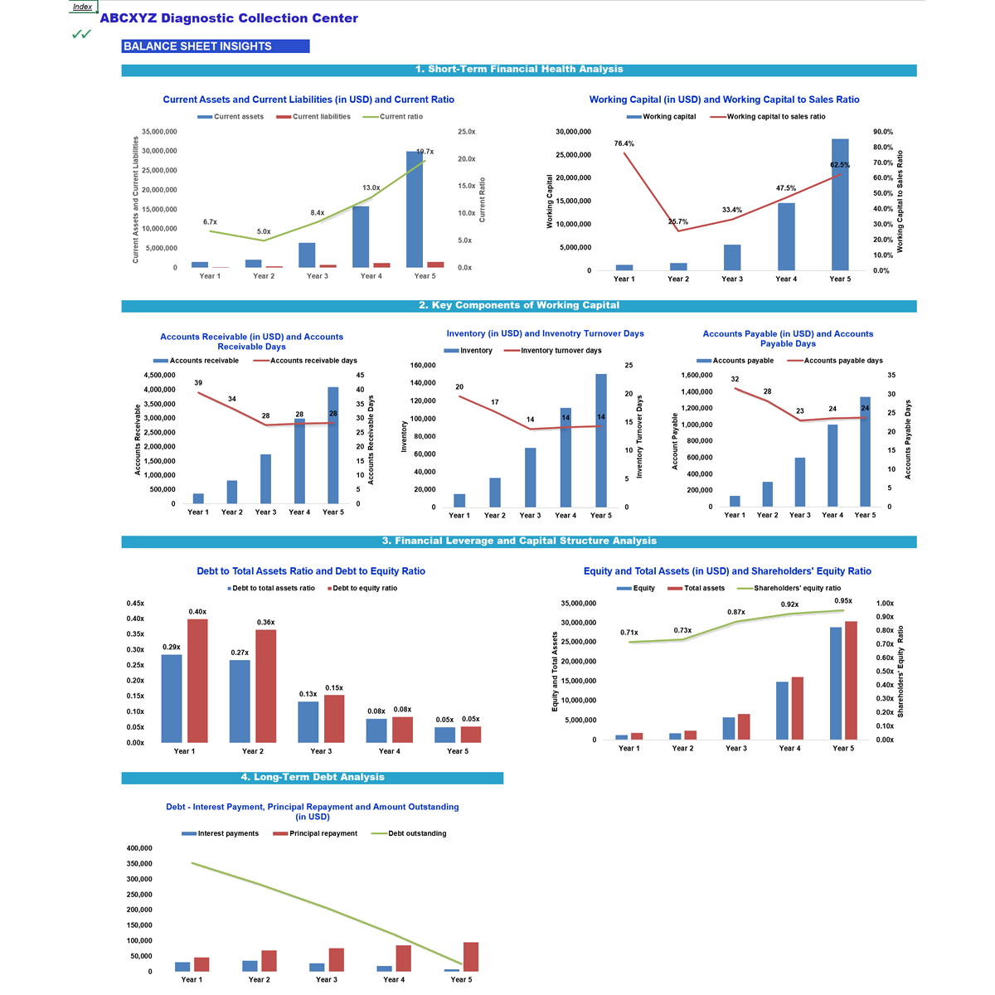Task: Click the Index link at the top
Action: coord(82,7)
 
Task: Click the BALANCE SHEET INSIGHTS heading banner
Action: coord(215,46)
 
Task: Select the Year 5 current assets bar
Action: coord(415,209)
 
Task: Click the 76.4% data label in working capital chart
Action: coord(624,143)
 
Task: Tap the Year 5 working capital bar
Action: coord(840,205)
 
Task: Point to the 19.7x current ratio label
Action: coord(425,152)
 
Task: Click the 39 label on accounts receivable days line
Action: coord(198,383)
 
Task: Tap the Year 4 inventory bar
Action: coord(565,458)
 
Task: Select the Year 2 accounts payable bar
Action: coord(767,494)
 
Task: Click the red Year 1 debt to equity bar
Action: coord(197,681)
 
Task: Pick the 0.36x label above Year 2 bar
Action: coord(265,622)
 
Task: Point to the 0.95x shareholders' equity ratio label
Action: coord(842,601)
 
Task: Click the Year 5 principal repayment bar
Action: coord(470,957)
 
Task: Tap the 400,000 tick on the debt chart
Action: coord(139,848)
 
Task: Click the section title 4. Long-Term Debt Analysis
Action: coord(313,778)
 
